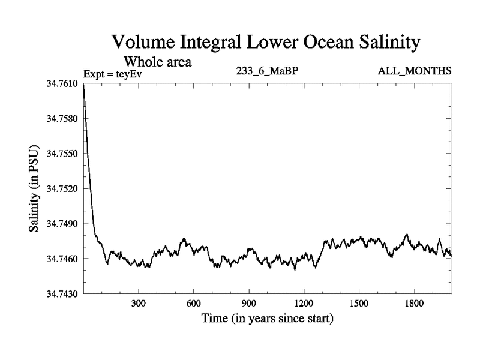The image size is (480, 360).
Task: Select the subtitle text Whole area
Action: (x=158, y=61)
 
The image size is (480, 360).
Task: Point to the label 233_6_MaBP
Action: (x=268, y=71)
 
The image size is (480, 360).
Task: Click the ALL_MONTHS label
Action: (x=415, y=71)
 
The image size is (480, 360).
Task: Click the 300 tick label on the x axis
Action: (x=139, y=304)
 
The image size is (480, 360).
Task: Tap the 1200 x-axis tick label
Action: (x=304, y=304)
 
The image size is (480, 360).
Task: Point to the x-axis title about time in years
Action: (x=267, y=319)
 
